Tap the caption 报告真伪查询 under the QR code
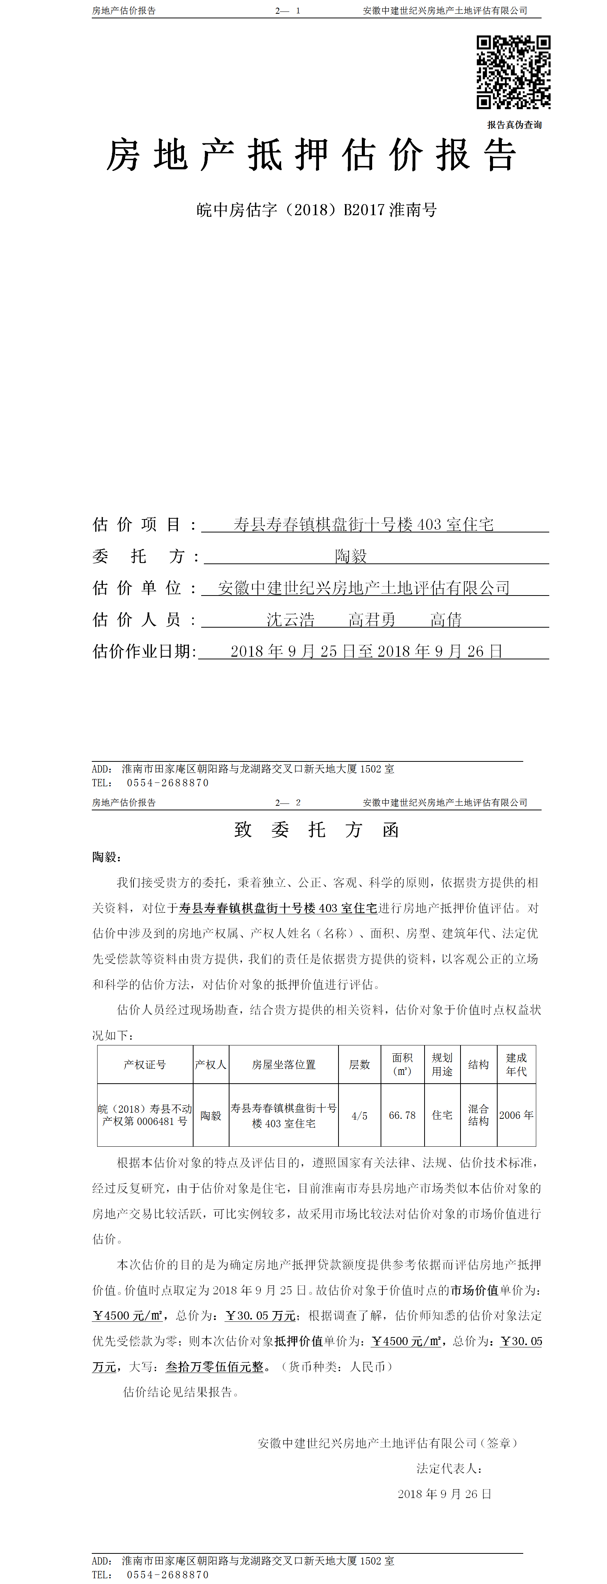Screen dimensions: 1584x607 pos(514,125)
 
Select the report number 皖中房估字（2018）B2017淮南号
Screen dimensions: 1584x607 pos(316,210)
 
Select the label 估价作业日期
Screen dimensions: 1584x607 pos(144,651)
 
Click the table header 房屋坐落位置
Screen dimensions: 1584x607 pos(283,1065)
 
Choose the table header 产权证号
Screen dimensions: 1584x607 pos(145,1065)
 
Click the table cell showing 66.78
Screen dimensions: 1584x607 pos(402,1115)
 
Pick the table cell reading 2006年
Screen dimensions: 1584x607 pos(516,1115)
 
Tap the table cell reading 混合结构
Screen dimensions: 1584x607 pos(478,1115)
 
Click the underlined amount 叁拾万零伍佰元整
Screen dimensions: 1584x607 pos(214,1367)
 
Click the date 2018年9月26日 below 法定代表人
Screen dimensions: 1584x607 pos(444,1494)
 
